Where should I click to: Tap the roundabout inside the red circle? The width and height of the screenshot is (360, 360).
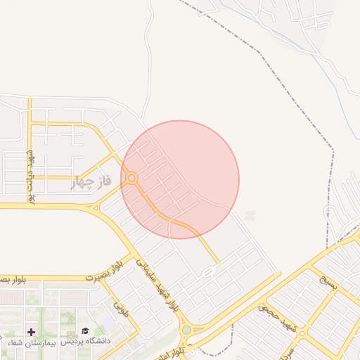point(132,179)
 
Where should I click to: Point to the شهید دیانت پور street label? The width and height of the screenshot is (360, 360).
point(31,175)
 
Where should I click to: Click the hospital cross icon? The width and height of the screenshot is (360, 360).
point(31,331)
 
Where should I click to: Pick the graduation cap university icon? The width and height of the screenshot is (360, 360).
point(85,331)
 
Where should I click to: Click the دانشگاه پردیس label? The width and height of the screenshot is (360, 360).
point(86,341)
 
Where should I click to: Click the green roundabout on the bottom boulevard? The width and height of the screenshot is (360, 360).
point(186,330)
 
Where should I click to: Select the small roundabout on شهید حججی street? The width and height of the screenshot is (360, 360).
point(302,333)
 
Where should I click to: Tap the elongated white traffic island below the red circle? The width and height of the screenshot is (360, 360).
point(210,271)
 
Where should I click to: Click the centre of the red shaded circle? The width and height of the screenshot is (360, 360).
point(180,179)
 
